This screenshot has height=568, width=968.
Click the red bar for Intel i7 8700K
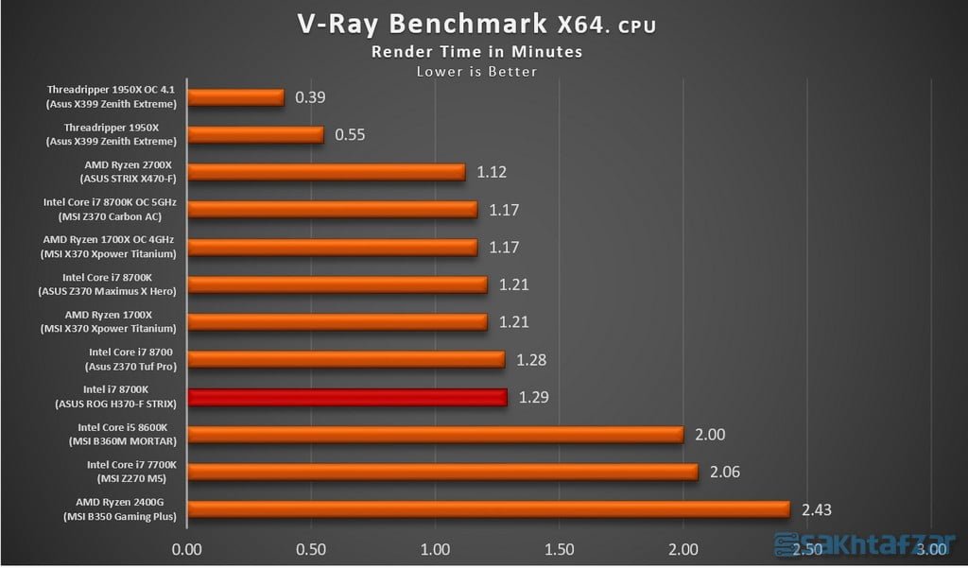coord(348,397)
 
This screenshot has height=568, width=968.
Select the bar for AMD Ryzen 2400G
coord(489,509)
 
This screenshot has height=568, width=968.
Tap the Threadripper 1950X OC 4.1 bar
coord(236,97)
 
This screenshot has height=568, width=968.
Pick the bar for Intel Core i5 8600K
coord(436,435)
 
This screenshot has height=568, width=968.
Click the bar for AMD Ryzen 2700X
coord(327,172)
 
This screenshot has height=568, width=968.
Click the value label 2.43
coord(818,509)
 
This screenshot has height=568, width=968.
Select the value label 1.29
coord(533,397)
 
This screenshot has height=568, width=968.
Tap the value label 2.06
coord(725,472)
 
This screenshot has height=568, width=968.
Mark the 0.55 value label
coord(351,135)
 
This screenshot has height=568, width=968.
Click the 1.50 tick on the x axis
coord(560,548)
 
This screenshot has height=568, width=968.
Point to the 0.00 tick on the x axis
coord(188,548)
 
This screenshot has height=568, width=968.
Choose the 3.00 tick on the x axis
coord(931,548)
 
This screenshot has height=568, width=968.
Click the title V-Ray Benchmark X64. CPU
coord(475,25)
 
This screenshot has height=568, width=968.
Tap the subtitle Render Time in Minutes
coord(475,52)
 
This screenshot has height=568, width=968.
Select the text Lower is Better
coord(475,71)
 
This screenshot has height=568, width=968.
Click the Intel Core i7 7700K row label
coord(131,472)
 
